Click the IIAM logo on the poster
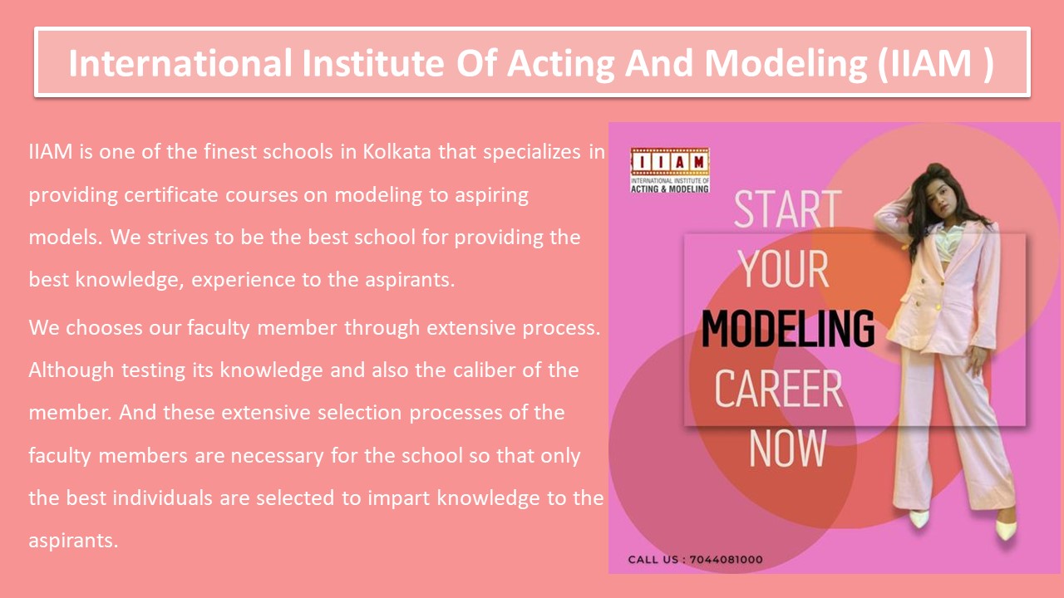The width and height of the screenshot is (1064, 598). coord(669,170)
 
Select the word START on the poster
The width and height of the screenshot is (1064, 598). coord(787,209)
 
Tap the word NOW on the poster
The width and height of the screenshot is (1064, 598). coord(787,448)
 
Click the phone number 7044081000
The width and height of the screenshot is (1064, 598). coord(726,560)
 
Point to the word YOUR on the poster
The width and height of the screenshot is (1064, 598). coord(783,269)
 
